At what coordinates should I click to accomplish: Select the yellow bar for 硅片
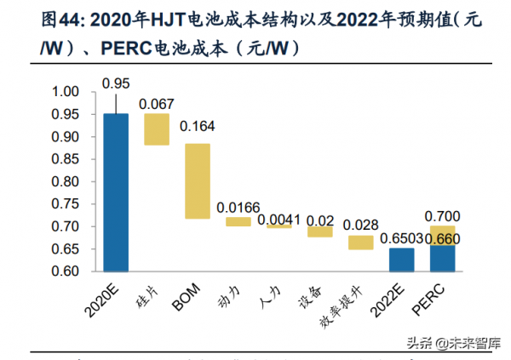click(x=157, y=129)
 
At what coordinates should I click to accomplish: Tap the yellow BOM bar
click(x=198, y=181)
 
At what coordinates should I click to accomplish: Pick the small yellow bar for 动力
click(x=238, y=221)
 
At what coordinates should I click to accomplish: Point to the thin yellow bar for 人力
click(x=279, y=226)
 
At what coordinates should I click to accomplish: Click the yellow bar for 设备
click(x=320, y=231)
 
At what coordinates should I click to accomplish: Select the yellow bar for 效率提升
click(x=361, y=243)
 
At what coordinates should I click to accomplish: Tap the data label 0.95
click(x=116, y=83)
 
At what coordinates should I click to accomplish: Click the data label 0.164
click(x=198, y=127)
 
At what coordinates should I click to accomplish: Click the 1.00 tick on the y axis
click(x=66, y=92)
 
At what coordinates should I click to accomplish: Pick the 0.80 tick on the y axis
click(x=66, y=181)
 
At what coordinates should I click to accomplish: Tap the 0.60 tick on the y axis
click(x=66, y=271)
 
